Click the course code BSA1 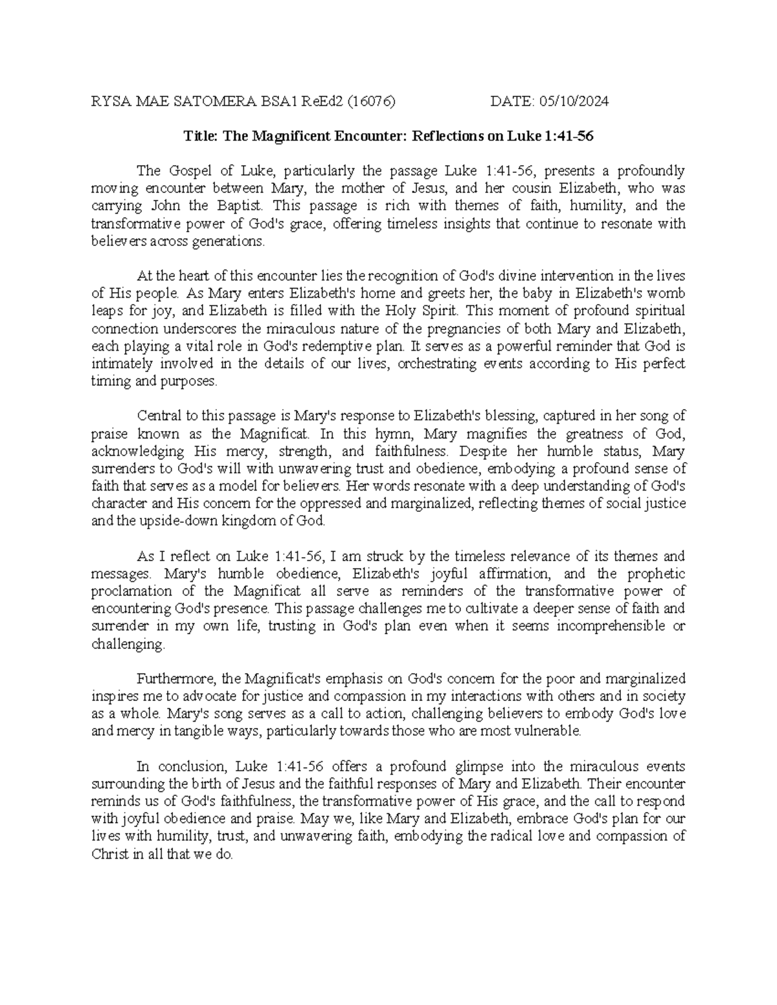(x=283, y=101)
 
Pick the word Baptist (x=241, y=206)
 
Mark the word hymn (x=398, y=434)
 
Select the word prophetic (x=657, y=574)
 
